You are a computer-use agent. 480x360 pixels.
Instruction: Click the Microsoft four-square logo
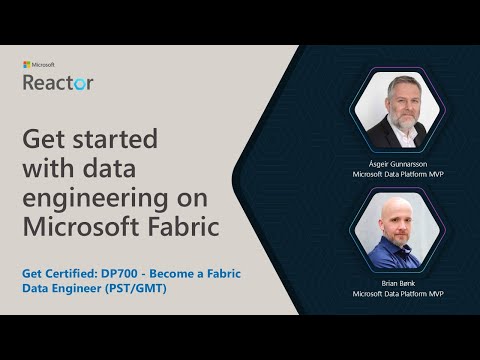(x=26, y=65)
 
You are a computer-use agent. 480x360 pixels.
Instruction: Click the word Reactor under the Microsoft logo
(x=58, y=82)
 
